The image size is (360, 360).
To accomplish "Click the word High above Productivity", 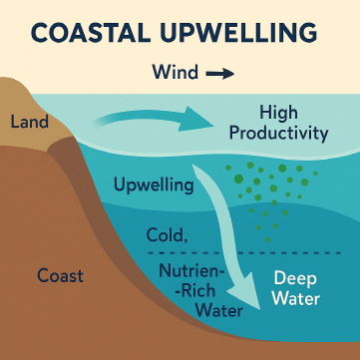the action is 278,112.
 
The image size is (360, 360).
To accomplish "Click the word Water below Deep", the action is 295,299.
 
